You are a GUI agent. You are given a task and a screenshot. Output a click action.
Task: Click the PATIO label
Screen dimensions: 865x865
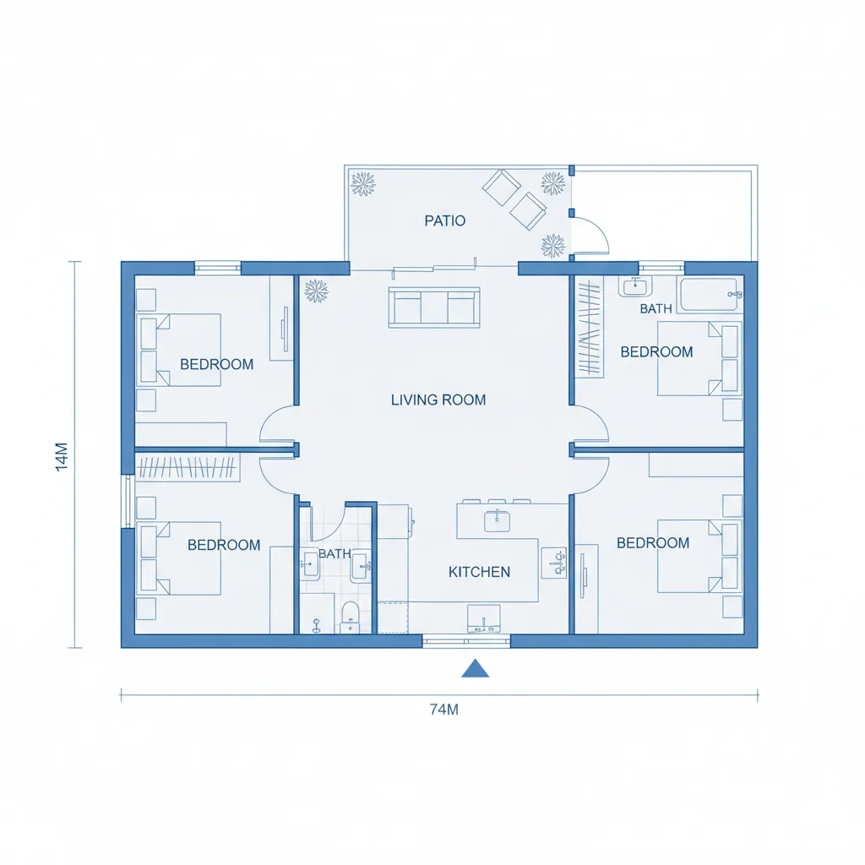coord(444,221)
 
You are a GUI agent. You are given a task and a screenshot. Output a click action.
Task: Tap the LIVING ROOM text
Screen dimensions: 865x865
coord(438,400)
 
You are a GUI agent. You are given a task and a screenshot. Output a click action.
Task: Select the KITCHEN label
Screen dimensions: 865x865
coord(479,572)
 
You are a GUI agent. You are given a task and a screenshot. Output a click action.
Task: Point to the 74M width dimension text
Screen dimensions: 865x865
coord(443,710)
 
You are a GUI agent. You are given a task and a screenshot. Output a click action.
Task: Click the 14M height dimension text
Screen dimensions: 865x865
coord(62,456)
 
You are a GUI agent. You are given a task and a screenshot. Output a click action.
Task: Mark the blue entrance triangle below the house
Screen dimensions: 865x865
coord(476,668)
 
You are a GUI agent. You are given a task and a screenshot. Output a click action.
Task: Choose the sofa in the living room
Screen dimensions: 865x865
coord(433,307)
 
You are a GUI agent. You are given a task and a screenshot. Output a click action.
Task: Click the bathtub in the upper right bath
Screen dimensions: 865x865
coord(710,295)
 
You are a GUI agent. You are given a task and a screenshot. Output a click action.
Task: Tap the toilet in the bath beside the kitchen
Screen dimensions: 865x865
coord(350,617)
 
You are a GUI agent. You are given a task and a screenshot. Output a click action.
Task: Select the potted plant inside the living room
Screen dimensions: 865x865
coord(316,291)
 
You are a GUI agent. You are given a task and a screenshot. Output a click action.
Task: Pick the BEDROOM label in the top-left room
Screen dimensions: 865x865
coord(216,365)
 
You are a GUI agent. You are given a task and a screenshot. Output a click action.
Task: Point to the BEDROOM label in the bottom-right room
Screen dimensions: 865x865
coord(652,543)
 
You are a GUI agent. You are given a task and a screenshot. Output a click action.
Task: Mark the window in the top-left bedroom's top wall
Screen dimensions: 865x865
coord(218,268)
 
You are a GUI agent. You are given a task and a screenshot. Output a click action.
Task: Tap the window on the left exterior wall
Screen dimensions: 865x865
coord(128,502)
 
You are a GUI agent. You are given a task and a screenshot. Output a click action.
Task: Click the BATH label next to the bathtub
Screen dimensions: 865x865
coord(656,309)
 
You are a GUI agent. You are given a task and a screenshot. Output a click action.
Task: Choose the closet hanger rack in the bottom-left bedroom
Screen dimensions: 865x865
coord(187,467)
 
